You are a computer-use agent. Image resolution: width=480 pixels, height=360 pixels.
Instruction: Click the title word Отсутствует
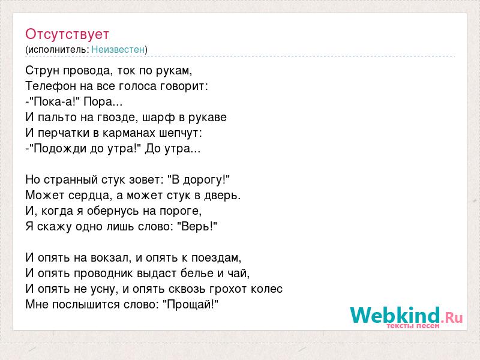67,34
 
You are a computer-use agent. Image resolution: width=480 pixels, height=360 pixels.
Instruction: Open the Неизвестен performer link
118,49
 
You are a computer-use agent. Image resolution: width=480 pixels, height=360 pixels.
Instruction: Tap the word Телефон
51,86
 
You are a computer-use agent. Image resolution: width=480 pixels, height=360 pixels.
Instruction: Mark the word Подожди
60,149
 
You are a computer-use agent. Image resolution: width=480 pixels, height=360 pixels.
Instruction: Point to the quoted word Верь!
197,227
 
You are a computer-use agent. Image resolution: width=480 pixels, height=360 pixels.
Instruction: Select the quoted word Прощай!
190,305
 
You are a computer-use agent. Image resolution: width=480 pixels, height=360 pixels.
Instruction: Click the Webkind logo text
406,315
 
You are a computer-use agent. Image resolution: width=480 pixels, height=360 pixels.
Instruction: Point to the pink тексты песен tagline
413,326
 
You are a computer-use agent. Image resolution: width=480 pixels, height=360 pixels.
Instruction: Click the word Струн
42,71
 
